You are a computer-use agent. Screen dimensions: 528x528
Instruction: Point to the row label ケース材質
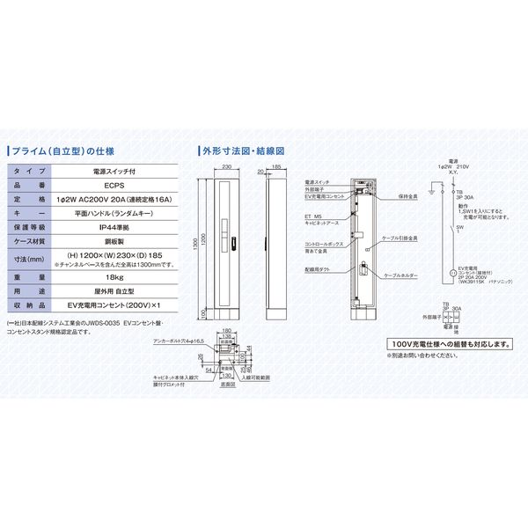33,241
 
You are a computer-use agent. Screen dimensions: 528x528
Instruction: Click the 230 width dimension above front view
226,165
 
